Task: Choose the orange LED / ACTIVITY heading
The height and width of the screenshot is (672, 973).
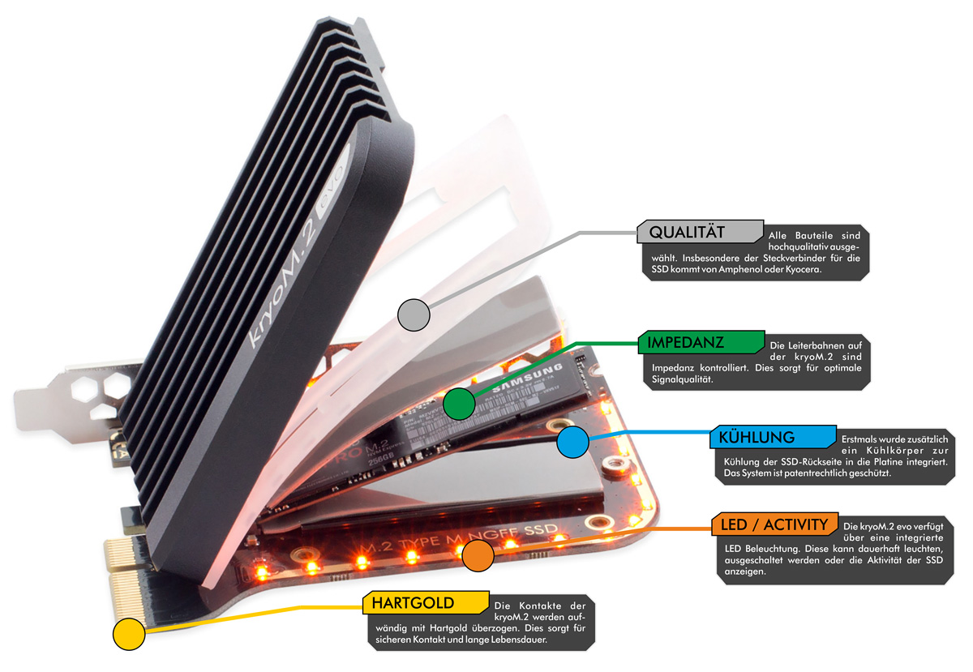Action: pyautogui.click(x=774, y=525)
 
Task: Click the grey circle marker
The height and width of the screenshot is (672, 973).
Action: pyautogui.click(x=414, y=314)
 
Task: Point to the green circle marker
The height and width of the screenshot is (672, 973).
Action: pyautogui.click(x=459, y=403)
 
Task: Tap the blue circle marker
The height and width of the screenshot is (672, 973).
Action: pyautogui.click(x=572, y=442)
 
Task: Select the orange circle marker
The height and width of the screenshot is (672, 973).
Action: pyautogui.click(x=478, y=555)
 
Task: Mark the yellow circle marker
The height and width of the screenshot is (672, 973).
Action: pyautogui.click(x=128, y=633)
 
